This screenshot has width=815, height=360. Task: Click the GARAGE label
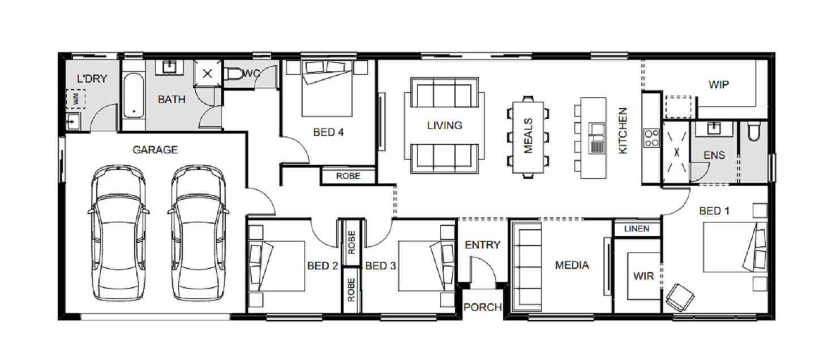click(155, 149)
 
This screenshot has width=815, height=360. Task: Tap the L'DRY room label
click(92, 79)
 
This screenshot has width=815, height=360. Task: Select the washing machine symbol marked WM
click(76, 99)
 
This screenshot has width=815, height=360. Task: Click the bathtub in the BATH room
click(134, 96)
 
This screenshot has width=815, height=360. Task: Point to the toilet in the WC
click(234, 74)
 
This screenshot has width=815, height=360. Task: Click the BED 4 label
click(328, 132)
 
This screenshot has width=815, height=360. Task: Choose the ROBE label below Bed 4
click(348, 176)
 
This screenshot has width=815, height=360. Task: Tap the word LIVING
click(445, 126)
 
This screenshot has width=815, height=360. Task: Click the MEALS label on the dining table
click(528, 135)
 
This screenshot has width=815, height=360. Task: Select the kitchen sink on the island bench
click(597, 138)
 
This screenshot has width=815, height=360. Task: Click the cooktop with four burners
click(651, 138)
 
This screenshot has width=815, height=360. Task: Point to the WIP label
click(719, 85)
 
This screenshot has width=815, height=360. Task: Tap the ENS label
click(714, 156)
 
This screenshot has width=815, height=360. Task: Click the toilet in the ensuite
click(754, 131)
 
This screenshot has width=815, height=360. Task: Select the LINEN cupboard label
click(637, 229)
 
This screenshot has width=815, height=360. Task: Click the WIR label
click(644, 276)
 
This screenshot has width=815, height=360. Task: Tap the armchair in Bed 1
click(680, 297)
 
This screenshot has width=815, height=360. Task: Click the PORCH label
click(483, 307)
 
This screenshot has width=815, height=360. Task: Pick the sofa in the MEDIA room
click(527, 267)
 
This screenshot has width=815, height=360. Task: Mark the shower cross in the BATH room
click(207, 74)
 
